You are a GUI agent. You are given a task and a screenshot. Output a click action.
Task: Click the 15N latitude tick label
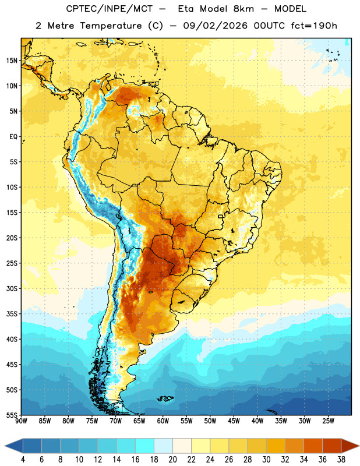tap(12, 61)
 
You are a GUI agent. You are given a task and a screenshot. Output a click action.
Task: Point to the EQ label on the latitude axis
tap(13, 137)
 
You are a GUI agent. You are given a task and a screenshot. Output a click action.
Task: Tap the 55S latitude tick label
tap(12, 415)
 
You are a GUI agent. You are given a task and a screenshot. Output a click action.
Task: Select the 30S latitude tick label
tap(12, 288)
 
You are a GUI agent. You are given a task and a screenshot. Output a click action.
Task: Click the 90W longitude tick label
tap(21, 421)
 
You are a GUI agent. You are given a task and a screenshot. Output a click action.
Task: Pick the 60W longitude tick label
tap(163, 421)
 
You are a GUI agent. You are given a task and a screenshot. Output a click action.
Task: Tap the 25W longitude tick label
tap(328, 421)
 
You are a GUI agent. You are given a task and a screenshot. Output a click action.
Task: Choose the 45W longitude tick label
tap(234, 421)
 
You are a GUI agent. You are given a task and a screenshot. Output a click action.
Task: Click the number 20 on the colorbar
tap(172, 460)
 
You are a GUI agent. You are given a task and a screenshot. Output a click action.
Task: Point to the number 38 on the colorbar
tap(341, 460)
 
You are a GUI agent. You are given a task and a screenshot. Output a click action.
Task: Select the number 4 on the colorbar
tap(23, 460)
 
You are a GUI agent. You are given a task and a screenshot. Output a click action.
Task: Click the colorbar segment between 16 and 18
tap(145, 446)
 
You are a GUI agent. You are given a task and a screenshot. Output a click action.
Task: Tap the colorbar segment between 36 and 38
tap(332, 446)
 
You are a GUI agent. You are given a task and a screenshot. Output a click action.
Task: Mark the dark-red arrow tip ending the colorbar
tap(358, 446)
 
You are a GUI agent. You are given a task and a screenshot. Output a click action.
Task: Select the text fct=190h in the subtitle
tap(314, 26)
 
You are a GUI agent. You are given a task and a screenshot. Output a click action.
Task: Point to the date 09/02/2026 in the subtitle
tap(215, 26)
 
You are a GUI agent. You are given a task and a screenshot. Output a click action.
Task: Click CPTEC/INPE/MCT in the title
tap(110, 9)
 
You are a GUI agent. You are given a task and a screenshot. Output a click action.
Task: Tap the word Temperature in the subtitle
tap(111, 26)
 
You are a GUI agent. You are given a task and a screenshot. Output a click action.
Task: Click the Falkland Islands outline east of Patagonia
tap(165, 398)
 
